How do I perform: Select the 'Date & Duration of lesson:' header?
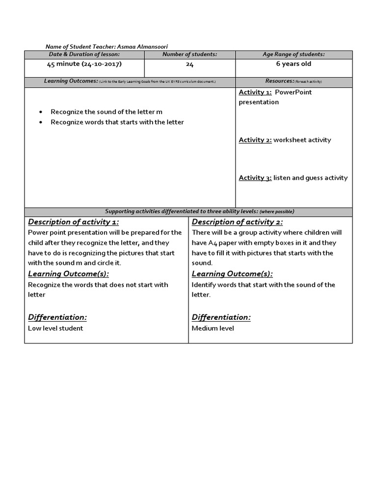(x=84, y=55)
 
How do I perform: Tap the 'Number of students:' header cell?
(x=189, y=55)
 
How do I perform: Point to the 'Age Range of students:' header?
(x=294, y=55)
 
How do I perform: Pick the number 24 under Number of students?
(x=190, y=64)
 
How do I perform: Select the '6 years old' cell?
(x=294, y=64)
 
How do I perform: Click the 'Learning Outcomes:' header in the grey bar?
(x=71, y=81)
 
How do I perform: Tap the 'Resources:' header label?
(x=280, y=81)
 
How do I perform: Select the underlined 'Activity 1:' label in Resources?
(x=255, y=92)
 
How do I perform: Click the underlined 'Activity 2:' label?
(x=255, y=140)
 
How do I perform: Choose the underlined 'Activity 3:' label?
(x=255, y=178)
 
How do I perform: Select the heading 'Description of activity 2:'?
(x=237, y=222)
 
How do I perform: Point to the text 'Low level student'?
(x=55, y=328)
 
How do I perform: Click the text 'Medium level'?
(x=213, y=328)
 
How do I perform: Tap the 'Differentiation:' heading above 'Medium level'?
(x=221, y=317)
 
